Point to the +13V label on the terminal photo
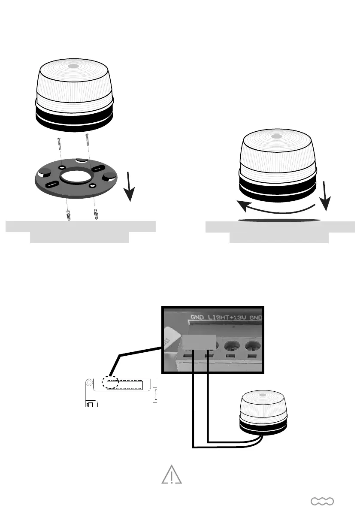click(240, 319)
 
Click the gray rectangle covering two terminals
click(200, 342)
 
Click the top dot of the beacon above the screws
click(73, 67)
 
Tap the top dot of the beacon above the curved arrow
click(277, 136)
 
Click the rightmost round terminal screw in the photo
click(253, 346)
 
